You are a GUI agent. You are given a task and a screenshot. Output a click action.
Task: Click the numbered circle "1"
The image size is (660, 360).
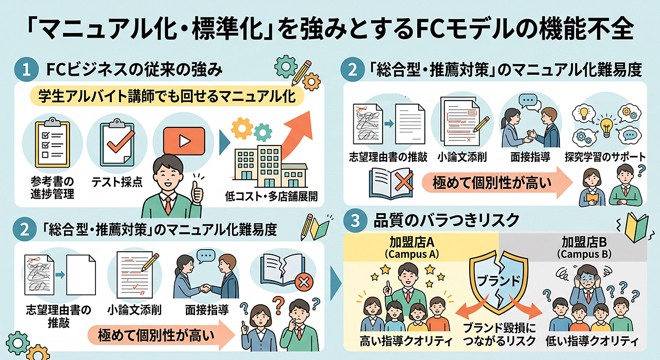26,70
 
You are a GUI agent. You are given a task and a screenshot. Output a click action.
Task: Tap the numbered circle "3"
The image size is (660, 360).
355,220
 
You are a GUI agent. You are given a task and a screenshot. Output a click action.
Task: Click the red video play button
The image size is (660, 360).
184,141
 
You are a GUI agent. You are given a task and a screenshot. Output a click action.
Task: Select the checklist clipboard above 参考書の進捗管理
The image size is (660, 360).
53,143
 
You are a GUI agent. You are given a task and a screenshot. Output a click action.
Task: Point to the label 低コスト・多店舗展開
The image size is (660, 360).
271,196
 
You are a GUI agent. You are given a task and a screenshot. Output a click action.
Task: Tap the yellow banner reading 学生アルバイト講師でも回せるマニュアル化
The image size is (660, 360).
167,96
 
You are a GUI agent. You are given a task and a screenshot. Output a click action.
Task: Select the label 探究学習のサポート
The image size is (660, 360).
605,157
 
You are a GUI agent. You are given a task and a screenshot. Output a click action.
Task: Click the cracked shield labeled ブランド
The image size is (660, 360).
498,282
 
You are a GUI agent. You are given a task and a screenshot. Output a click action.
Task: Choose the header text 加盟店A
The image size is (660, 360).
411,242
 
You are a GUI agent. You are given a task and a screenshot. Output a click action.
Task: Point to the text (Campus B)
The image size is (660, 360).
584,254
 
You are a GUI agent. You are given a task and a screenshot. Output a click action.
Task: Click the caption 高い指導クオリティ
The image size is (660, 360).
406,341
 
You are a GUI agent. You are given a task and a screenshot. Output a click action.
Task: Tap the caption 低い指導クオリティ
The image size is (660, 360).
591,341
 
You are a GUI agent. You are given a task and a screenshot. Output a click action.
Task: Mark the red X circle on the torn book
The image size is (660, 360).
304,283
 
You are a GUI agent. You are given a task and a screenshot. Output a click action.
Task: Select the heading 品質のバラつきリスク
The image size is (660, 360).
447,220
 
